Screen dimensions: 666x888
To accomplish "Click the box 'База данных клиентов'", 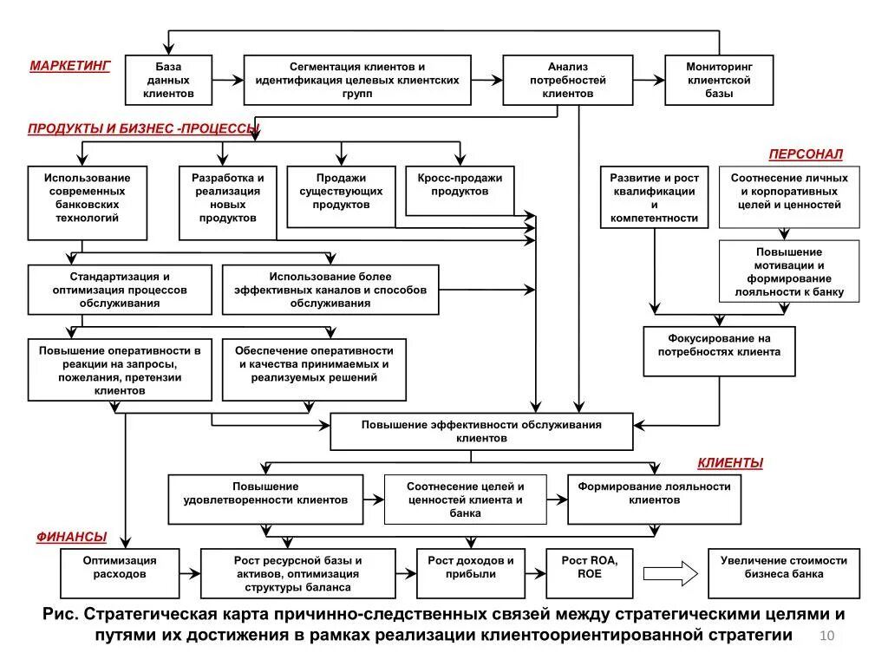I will pos(169,80).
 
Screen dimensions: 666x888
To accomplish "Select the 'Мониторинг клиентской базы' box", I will pos(719,80).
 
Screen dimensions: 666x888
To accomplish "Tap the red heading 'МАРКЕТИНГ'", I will pos(70,67).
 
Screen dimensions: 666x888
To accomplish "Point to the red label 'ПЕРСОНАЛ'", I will pos(806,154).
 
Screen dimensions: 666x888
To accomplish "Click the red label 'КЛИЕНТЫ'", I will pos(730,463).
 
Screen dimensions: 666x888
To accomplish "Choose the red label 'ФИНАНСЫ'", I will pos(72,537).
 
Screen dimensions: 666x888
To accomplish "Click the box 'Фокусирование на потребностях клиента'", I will pos(719,351).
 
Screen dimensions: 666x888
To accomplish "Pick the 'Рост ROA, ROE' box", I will pos(590,572).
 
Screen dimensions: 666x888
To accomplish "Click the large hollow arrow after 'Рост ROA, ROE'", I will pos(671,573).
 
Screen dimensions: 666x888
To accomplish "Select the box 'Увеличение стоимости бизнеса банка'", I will pos(784,572).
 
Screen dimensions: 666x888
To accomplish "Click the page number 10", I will pos(826,637).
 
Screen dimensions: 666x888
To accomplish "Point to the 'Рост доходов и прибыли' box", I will pos(476,572).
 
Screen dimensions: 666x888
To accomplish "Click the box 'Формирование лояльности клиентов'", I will pos(654,499).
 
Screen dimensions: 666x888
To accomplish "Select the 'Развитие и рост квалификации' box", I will pos(654,197).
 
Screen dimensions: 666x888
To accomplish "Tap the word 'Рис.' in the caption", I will pos(62,615).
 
